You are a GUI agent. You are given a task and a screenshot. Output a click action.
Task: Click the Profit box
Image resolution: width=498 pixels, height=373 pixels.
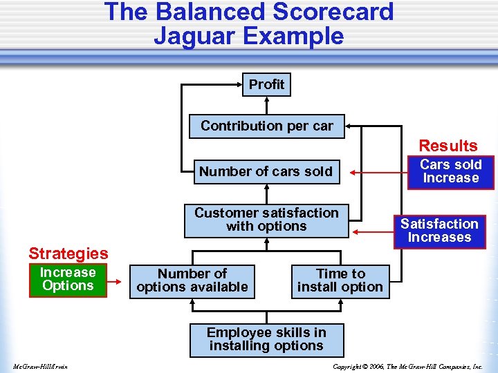click(266, 84)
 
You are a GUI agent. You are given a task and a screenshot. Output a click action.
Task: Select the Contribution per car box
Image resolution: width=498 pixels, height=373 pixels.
click(266, 126)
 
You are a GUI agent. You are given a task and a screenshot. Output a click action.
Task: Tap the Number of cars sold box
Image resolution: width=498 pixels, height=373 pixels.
click(266, 171)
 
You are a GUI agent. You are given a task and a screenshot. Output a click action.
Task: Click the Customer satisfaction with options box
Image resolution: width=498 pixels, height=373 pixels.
click(266, 220)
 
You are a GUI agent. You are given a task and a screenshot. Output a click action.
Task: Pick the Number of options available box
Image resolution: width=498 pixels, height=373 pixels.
click(192, 280)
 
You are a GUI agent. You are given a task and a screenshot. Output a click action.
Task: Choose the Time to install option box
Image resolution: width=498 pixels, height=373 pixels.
click(340, 280)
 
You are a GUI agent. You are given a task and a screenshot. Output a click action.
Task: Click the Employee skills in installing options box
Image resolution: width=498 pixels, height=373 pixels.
click(266, 339)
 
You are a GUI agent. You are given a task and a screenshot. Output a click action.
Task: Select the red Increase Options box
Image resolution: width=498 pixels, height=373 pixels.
click(68, 280)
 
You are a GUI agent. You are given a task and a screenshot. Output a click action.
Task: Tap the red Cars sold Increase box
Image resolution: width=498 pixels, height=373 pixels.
click(450, 171)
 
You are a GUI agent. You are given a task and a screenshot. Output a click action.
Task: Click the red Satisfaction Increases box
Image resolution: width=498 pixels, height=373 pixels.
click(439, 231)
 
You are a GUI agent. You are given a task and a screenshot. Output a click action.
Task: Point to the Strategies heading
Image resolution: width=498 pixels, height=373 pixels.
click(68, 254)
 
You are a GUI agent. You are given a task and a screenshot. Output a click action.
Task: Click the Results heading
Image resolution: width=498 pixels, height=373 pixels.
click(448, 146)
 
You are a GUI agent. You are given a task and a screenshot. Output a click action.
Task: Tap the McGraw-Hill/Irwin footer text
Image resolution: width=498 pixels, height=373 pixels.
click(39, 366)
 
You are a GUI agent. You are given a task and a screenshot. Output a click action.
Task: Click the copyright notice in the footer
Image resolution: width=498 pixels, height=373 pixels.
click(407, 366)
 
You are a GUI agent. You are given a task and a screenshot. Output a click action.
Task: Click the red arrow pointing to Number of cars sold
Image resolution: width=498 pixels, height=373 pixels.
click(380, 171)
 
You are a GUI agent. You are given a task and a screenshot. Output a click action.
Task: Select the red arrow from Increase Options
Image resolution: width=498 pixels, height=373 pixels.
click(119, 280)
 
